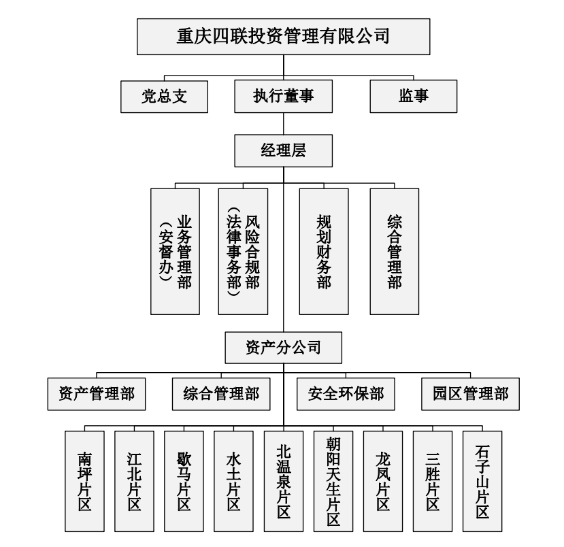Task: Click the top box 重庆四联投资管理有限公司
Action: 283,36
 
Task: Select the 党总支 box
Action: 163,97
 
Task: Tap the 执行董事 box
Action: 283,97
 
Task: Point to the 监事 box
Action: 414,97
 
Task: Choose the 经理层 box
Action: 283,150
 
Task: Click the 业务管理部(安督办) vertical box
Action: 176,251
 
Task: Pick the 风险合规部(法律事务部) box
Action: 243,251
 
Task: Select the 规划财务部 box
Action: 324,251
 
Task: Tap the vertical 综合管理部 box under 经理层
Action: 394,251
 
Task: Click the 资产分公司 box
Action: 283,348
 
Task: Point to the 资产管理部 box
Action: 97,394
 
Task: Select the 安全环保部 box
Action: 346,394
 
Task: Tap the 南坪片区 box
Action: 84,481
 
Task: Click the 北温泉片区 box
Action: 284,481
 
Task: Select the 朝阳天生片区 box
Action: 333,481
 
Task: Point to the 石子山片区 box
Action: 482,481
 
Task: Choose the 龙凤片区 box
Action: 383,481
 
